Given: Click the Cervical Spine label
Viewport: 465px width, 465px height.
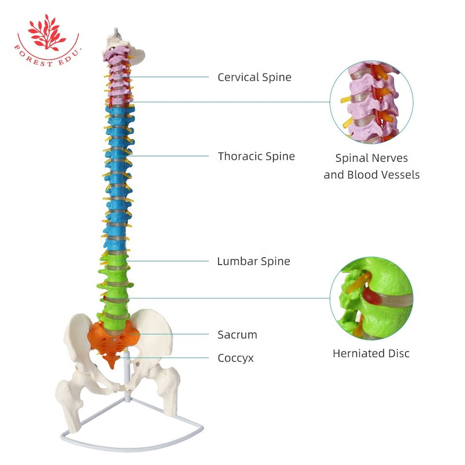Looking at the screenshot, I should click(254, 77).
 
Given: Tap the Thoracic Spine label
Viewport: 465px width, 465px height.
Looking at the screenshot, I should click(256, 156).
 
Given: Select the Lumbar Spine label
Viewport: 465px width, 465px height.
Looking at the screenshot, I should click(253, 262).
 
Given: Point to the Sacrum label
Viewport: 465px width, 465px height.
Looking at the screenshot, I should click(237, 335).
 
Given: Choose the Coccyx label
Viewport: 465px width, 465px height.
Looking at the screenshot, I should click(235, 358).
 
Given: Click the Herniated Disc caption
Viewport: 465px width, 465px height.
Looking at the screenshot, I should click(371, 354).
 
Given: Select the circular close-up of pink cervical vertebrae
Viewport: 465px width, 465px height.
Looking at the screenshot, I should click(372, 103).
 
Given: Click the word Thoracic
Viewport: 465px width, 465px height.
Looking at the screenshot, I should click(238, 156).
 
